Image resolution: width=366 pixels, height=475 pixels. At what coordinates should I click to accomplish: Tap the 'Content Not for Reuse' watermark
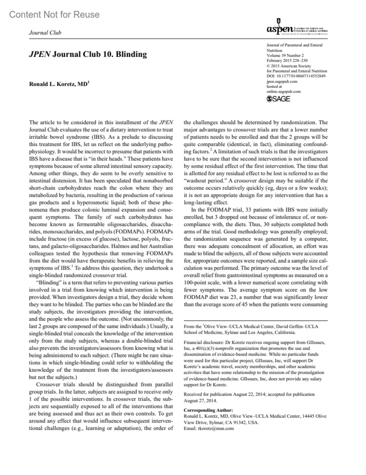(54, 14)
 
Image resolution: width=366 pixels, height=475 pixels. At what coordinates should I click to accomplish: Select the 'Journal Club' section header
(45, 33)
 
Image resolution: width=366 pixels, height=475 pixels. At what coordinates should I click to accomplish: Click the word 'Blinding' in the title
(131, 55)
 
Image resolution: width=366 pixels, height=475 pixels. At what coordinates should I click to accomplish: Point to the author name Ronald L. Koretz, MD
(58, 84)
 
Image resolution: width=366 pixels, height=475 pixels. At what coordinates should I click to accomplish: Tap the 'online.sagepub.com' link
(283, 91)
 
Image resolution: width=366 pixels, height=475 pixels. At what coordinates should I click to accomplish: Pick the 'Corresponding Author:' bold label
(208, 410)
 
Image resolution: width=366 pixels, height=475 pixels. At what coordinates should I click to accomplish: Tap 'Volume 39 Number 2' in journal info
(285, 55)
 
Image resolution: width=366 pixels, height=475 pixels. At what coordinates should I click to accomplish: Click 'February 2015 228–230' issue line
(287, 60)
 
